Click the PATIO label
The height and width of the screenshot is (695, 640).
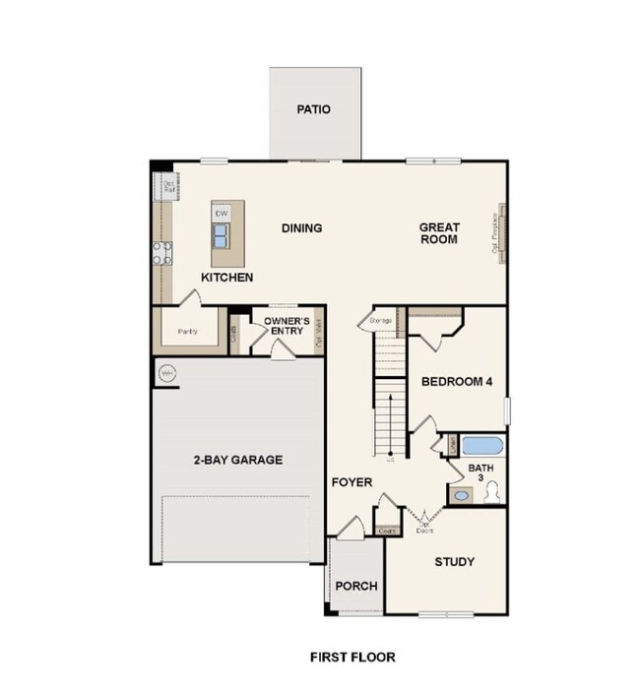click(x=314, y=109)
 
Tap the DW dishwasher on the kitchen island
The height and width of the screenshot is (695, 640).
click(x=222, y=214)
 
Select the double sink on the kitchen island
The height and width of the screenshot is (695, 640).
click(x=222, y=235)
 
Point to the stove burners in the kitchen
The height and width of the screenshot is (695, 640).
click(x=161, y=253)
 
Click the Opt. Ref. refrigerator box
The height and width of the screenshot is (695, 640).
click(x=169, y=184)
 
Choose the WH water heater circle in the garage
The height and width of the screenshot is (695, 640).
click(x=167, y=373)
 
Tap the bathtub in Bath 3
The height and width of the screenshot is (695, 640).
click(x=482, y=446)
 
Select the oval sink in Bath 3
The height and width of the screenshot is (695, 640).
click(x=461, y=495)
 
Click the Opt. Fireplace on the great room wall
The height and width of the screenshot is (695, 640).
click(x=500, y=234)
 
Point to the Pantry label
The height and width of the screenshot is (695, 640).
click(x=188, y=332)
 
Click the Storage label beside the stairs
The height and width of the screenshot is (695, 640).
click(x=381, y=321)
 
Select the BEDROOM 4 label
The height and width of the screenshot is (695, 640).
click(x=457, y=382)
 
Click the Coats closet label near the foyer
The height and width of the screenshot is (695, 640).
click(x=387, y=531)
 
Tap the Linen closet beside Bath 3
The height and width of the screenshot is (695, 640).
click(x=451, y=445)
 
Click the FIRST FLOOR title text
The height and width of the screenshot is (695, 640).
click(x=352, y=657)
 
